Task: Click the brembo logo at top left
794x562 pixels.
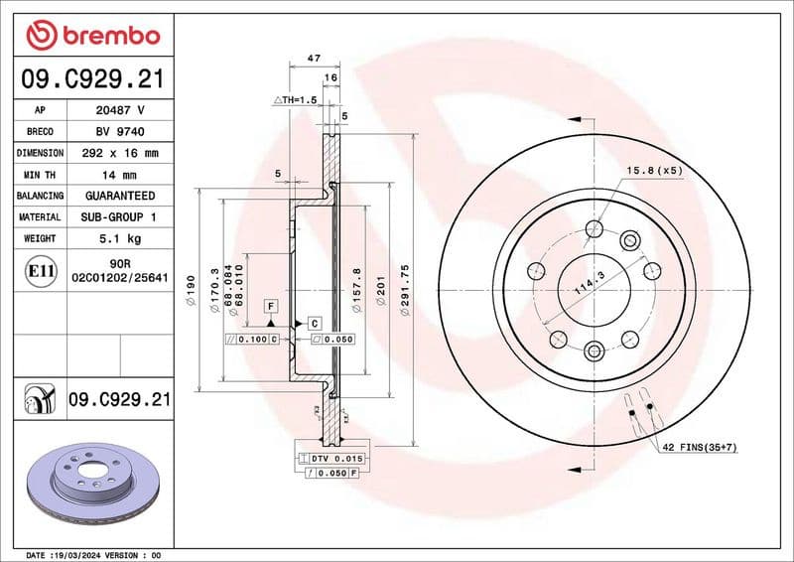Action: pyautogui.click(x=92, y=36)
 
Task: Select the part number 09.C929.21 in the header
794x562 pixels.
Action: pyautogui.click(x=92, y=78)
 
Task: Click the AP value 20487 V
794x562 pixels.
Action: pyautogui.click(x=120, y=110)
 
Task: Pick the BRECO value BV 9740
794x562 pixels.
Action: pyautogui.click(x=120, y=132)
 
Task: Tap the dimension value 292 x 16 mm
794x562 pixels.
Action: pyautogui.click(x=120, y=154)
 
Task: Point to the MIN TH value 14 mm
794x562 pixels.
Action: pyautogui.click(x=120, y=175)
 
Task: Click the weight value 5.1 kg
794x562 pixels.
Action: pyautogui.click(x=120, y=238)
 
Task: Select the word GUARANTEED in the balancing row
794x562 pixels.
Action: pyautogui.click(x=120, y=196)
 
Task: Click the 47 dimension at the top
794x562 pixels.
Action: pyautogui.click(x=314, y=60)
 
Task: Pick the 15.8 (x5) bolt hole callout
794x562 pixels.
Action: pyautogui.click(x=656, y=171)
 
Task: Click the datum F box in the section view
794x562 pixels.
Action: pyautogui.click(x=269, y=307)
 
